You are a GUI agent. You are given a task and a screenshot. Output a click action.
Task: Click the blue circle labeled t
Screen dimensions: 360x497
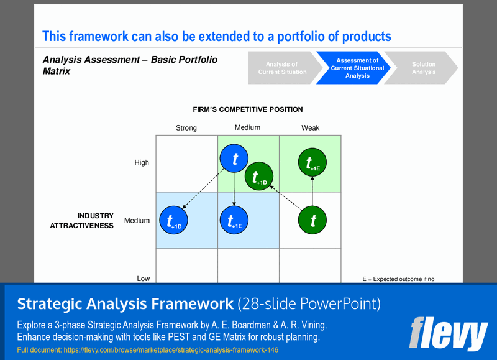[234, 160]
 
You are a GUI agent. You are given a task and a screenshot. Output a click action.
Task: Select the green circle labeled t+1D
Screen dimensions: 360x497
[260, 177]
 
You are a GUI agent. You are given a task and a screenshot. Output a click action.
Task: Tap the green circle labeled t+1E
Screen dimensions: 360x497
[312, 162]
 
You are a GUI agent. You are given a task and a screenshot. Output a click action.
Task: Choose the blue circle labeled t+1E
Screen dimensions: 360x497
[234, 220]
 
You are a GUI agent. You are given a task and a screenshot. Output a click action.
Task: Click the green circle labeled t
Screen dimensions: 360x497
[312, 220]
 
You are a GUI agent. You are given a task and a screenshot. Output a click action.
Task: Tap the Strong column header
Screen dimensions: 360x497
[186, 128]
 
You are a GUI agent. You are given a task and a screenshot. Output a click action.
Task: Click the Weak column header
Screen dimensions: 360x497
[311, 128]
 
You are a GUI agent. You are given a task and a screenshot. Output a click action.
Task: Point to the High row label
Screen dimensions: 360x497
[142, 163]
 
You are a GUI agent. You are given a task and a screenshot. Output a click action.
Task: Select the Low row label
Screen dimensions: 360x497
[143, 279]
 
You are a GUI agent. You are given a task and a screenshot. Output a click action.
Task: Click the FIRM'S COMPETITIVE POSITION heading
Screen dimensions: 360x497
[247, 109]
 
